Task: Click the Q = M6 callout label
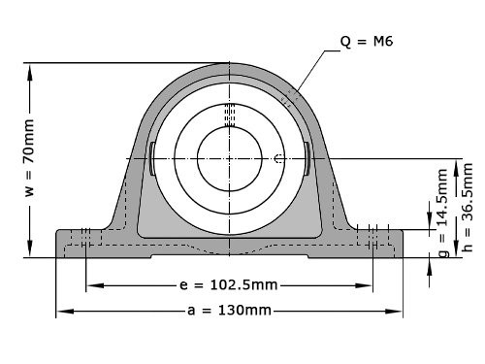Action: [366, 42]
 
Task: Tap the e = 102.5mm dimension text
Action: [230, 285]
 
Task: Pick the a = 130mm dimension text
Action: [230, 311]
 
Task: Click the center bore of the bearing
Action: [229, 157]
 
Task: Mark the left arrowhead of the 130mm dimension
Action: [61, 311]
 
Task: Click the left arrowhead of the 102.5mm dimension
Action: [91, 285]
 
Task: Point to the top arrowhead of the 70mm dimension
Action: [30, 69]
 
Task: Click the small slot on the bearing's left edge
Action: [153, 158]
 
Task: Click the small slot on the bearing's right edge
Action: [306, 158]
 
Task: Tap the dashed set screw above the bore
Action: [229, 115]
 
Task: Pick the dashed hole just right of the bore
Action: [278, 158]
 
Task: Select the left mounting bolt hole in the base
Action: [86, 244]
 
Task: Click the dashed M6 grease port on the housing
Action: [289, 97]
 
